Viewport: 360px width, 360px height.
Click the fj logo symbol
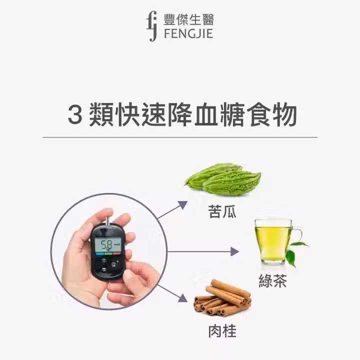152,26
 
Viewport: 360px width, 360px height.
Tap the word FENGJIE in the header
188,34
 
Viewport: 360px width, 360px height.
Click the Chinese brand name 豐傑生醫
188,19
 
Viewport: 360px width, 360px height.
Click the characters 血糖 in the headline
219,115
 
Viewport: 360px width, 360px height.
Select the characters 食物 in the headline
272,115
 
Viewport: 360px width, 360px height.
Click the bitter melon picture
222,179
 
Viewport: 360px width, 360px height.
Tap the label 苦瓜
222,211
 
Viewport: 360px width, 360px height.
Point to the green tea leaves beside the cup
295,253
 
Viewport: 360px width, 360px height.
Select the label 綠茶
273,280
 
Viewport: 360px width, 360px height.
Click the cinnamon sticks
222,297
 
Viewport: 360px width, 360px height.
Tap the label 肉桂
222,331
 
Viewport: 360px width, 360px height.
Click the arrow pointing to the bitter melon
172,209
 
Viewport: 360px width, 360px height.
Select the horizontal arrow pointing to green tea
203,251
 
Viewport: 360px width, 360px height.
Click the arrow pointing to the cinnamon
172,293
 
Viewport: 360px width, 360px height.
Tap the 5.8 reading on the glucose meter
107,245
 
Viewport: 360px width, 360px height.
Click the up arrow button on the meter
104,261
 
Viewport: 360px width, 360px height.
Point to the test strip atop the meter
108,220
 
